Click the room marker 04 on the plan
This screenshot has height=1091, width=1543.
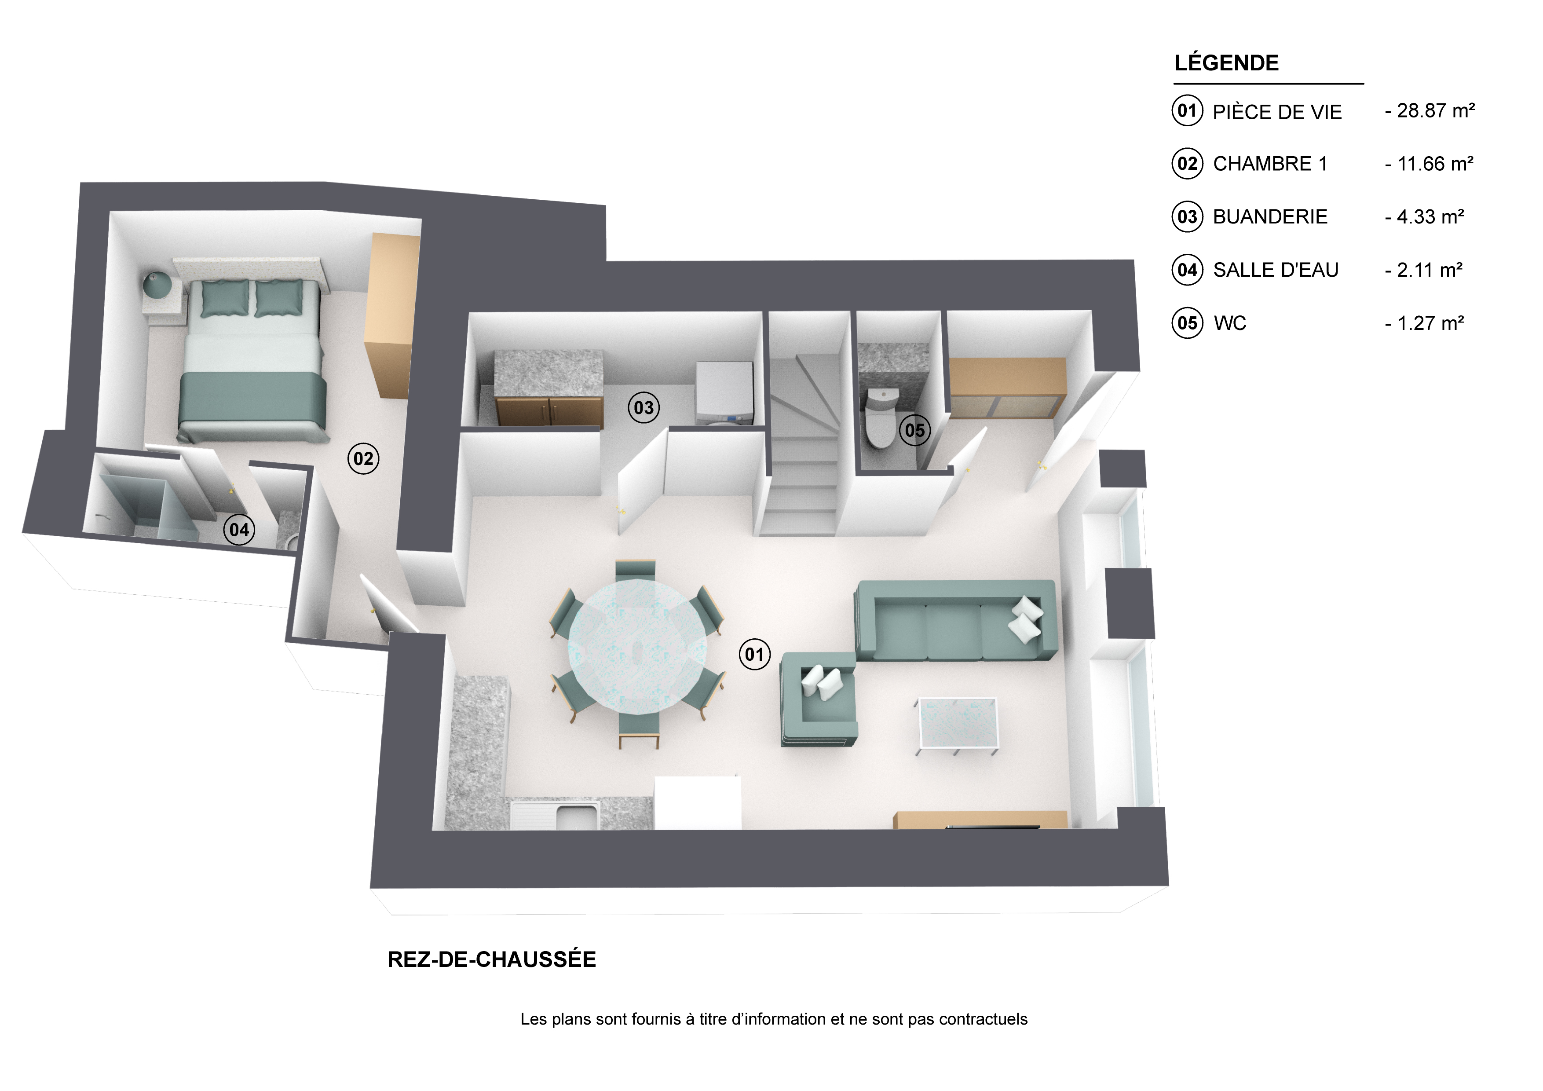[239, 530]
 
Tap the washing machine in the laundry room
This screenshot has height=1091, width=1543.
[724, 393]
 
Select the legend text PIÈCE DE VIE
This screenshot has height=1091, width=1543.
[1277, 112]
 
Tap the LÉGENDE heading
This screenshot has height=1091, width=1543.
[1226, 62]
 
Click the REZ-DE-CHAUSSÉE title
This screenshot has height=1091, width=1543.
[492, 959]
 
